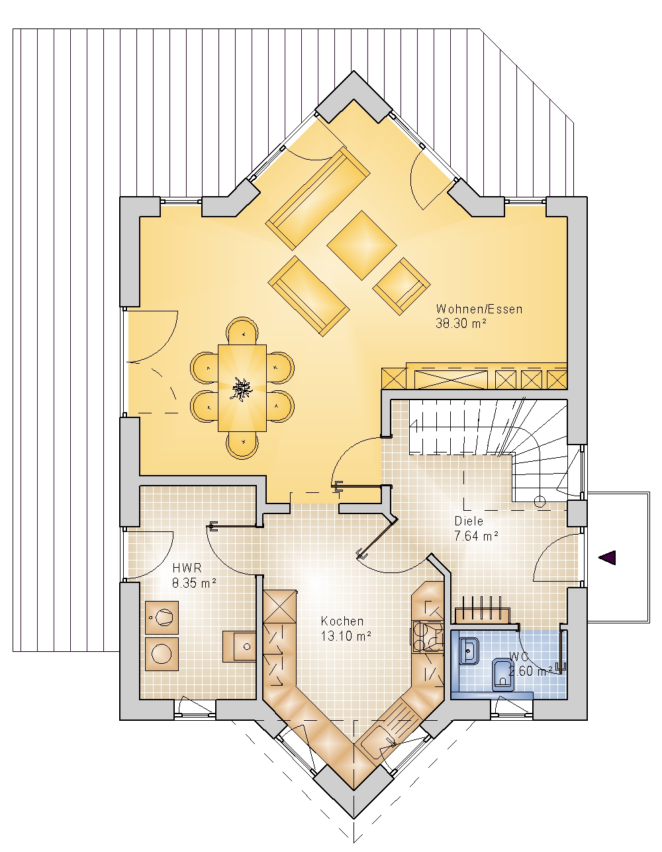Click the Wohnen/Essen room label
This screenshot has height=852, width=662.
click(x=479, y=309)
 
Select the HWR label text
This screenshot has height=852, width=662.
click(x=187, y=568)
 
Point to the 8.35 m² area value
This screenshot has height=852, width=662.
click(x=194, y=582)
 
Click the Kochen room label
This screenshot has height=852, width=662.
click(x=342, y=621)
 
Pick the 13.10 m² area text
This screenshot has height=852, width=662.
click(x=346, y=636)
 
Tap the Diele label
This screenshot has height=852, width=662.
click(x=469, y=521)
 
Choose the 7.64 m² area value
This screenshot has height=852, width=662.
click(x=477, y=535)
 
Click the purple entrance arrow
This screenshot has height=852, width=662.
click(x=607, y=558)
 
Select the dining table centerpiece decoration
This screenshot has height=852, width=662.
click(x=242, y=388)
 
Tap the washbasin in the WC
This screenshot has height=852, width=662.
click(x=469, y=651)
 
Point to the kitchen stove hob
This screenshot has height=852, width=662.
click(x=427, y=637)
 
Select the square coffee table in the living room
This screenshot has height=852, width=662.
click(x=361, y=245)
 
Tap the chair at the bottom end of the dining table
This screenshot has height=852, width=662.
click(x=242, y=445)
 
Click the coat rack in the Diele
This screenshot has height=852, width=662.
click(x=483, y=612)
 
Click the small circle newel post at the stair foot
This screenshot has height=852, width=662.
click(x=540, y=502)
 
